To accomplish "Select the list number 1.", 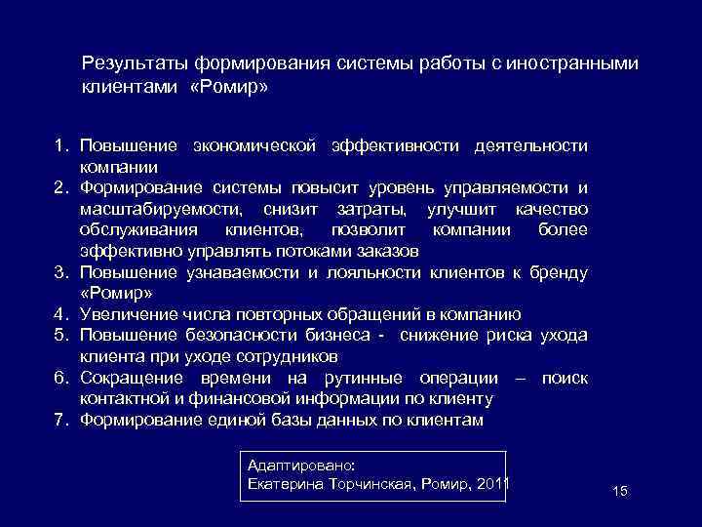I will pyautogui.click(x=60, y=146).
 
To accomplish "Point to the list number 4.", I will pyautogui.click(x=60, y=314).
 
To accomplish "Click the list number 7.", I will pyautogui.click(x=60, y=421).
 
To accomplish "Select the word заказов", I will pyautogui.click(x=391, y=251).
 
